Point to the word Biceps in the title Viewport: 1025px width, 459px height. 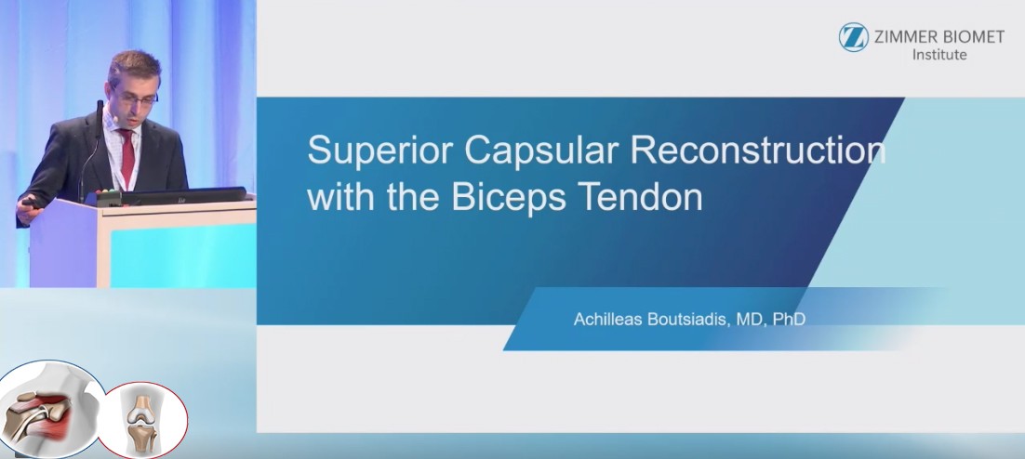[x=508, y=197]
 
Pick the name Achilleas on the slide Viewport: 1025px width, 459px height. [x=606, y=320]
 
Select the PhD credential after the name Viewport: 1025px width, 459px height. [x=789, y=320]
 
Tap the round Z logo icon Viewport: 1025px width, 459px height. [x=854, y=37]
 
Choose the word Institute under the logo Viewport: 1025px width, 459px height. [x=939, y=55]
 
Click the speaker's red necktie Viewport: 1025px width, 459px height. [x=126, y=157]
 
